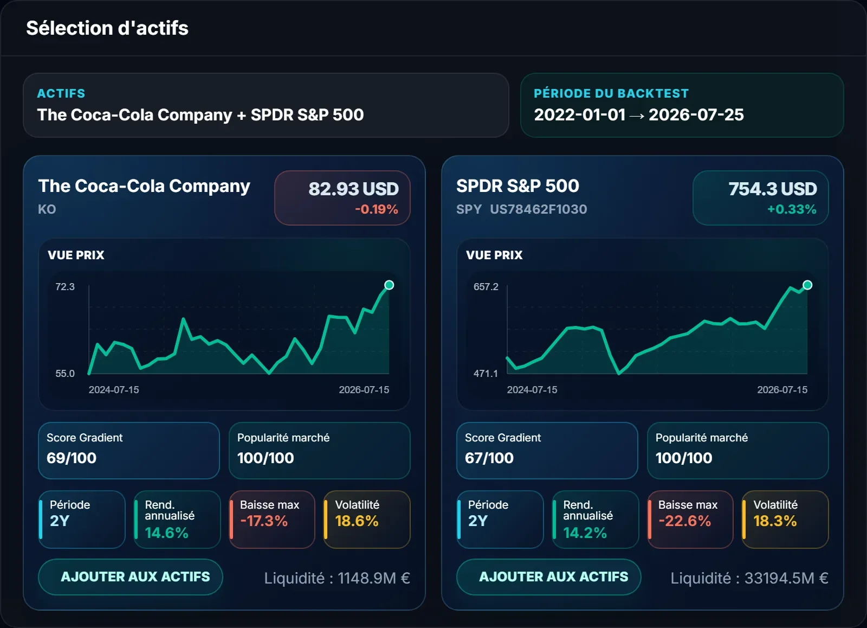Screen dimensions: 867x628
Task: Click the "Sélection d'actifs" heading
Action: [107, 28]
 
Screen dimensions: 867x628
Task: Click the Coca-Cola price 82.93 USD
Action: [353, 189]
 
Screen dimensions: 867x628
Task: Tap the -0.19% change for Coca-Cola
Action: [376, 209]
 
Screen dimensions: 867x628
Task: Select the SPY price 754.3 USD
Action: [773, 189]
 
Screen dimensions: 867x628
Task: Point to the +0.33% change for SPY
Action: [792, 209]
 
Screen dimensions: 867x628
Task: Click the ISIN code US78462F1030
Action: [539, 209]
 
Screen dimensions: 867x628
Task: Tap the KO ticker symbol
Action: [47, 209]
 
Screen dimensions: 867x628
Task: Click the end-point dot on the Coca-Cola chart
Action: [389, 285]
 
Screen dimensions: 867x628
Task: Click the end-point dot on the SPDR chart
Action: [807, 285]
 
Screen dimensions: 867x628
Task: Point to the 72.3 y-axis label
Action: [64, 287]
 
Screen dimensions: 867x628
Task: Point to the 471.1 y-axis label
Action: [486, 374]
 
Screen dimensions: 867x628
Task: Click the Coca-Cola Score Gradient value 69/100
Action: [71, 458]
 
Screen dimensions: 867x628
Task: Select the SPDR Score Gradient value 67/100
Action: [489, 458]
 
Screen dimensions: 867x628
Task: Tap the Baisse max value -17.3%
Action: [264, 521]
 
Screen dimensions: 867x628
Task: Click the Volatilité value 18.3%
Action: [775, 521]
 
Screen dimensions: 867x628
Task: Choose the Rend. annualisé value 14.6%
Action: [166, 533]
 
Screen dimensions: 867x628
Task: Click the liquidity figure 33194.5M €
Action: [786, 578]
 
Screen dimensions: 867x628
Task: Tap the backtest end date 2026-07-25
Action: [696, 114]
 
